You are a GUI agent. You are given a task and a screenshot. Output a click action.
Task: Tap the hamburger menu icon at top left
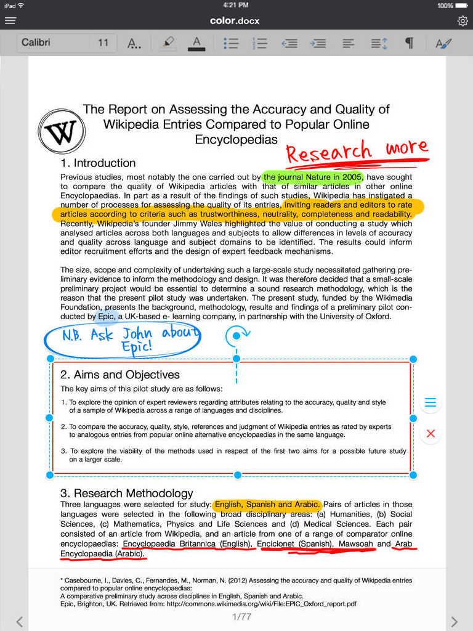coord(10,20)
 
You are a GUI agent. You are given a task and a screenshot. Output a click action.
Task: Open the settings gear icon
coord(463,21)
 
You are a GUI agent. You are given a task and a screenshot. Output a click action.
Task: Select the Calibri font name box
coord(52,43)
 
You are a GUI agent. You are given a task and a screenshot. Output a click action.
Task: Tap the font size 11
coord(103,43)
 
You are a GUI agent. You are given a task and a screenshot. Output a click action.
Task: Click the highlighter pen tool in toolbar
coord(167,43)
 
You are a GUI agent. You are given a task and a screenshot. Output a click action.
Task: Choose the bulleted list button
coord(231,43)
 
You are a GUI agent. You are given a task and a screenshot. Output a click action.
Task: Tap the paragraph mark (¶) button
coord(408,43)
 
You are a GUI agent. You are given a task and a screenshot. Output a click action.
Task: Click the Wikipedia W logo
coord(62,131)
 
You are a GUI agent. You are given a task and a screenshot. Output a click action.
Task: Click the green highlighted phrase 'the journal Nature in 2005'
coord(312,177)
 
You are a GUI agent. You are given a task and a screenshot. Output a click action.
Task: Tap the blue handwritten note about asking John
coord(123,340)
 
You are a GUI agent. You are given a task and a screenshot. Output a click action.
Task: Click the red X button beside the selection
coord(431,433)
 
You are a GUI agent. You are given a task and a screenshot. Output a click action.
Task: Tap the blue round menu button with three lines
coord(431,403)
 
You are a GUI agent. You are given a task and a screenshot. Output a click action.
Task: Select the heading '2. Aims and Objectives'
coord(120,375)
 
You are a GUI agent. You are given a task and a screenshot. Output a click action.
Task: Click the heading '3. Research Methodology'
coord(127,493)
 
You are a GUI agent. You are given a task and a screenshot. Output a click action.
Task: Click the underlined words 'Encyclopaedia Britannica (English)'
coord(187,544)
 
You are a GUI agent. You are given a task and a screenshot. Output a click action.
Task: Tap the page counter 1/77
coord(241,617)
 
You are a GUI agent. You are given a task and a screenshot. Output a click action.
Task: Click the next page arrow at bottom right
coord(454,622)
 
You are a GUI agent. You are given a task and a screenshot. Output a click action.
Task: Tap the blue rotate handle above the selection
coord(236,336)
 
